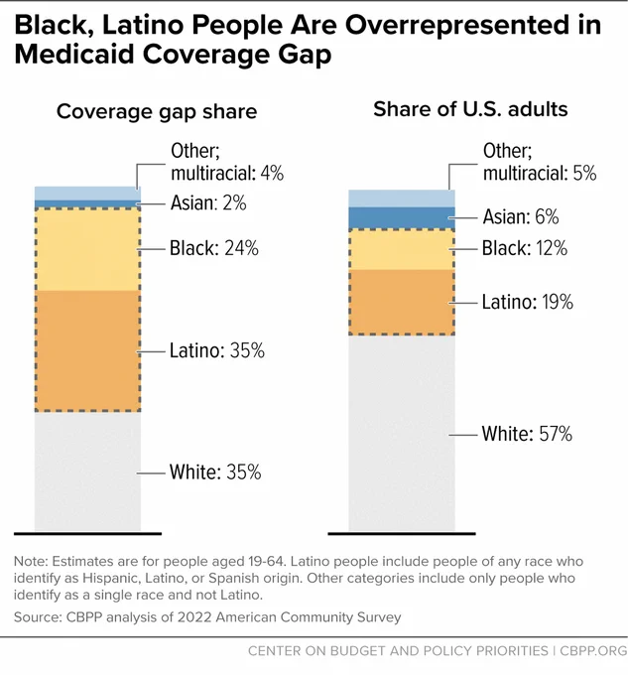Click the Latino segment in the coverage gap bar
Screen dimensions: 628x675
[87, 351]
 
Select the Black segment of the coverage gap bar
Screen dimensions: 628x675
[87, 250]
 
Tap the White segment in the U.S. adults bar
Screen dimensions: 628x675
[402, 433]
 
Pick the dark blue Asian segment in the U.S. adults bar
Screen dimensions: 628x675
[402, 217]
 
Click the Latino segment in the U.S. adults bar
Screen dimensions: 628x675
[402, 302]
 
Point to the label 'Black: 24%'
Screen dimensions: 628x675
[214, 248]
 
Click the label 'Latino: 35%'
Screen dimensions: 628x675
[217, 350]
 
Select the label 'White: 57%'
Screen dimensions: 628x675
[527, 434]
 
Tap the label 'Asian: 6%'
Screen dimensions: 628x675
[521, 216]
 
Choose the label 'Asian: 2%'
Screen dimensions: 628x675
[208, 202]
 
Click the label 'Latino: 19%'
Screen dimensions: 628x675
[528, 302]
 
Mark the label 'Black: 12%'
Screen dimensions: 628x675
[525, 248]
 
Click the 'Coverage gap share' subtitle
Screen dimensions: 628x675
[157, 112]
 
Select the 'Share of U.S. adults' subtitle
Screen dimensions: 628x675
[470, 109]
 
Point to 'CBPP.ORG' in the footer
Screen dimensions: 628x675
[593, 650]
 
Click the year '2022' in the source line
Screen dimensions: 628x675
[194, 617]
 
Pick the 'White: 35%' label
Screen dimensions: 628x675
[215, 472]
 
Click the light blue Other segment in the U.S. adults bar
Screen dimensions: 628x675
[402, 199]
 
